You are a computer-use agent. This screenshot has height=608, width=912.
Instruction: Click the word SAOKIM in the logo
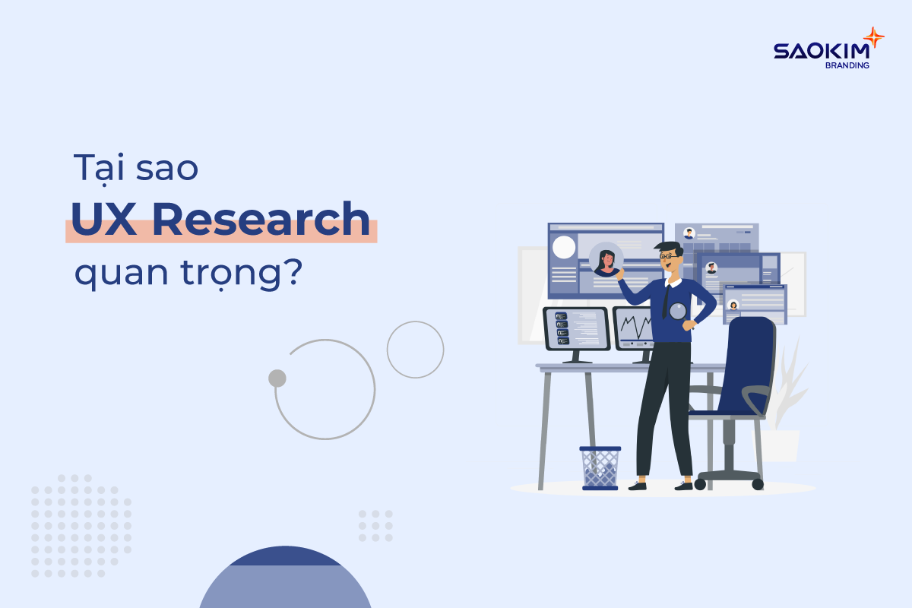[x=822, y=51]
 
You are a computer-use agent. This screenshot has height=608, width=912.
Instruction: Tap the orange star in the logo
[x=873, y=38]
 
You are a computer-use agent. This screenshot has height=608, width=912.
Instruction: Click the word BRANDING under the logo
[x=847, y=65]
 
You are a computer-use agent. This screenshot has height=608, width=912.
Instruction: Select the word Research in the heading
[x=261, y=219]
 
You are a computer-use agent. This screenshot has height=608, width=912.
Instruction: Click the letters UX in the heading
[x=103, y=219]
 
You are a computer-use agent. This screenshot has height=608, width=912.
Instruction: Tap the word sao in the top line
[x=167, y=169]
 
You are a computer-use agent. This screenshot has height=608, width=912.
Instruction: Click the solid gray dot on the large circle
[x=277, y=378]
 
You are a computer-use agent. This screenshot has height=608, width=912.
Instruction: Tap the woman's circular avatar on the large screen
[x=606, y=259]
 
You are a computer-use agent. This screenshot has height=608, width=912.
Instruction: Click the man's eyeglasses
[x=670, y=256]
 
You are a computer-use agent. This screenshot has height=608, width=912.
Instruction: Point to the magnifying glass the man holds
[x=677, y=312]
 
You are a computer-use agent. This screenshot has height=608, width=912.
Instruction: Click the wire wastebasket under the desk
[x=600, y=468]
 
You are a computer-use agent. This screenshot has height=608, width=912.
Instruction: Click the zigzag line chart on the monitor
[x=636, y=327]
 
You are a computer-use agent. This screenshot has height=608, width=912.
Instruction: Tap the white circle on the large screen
[x=564, y=247]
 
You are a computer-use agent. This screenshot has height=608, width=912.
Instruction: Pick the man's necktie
[x=665, y=302]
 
